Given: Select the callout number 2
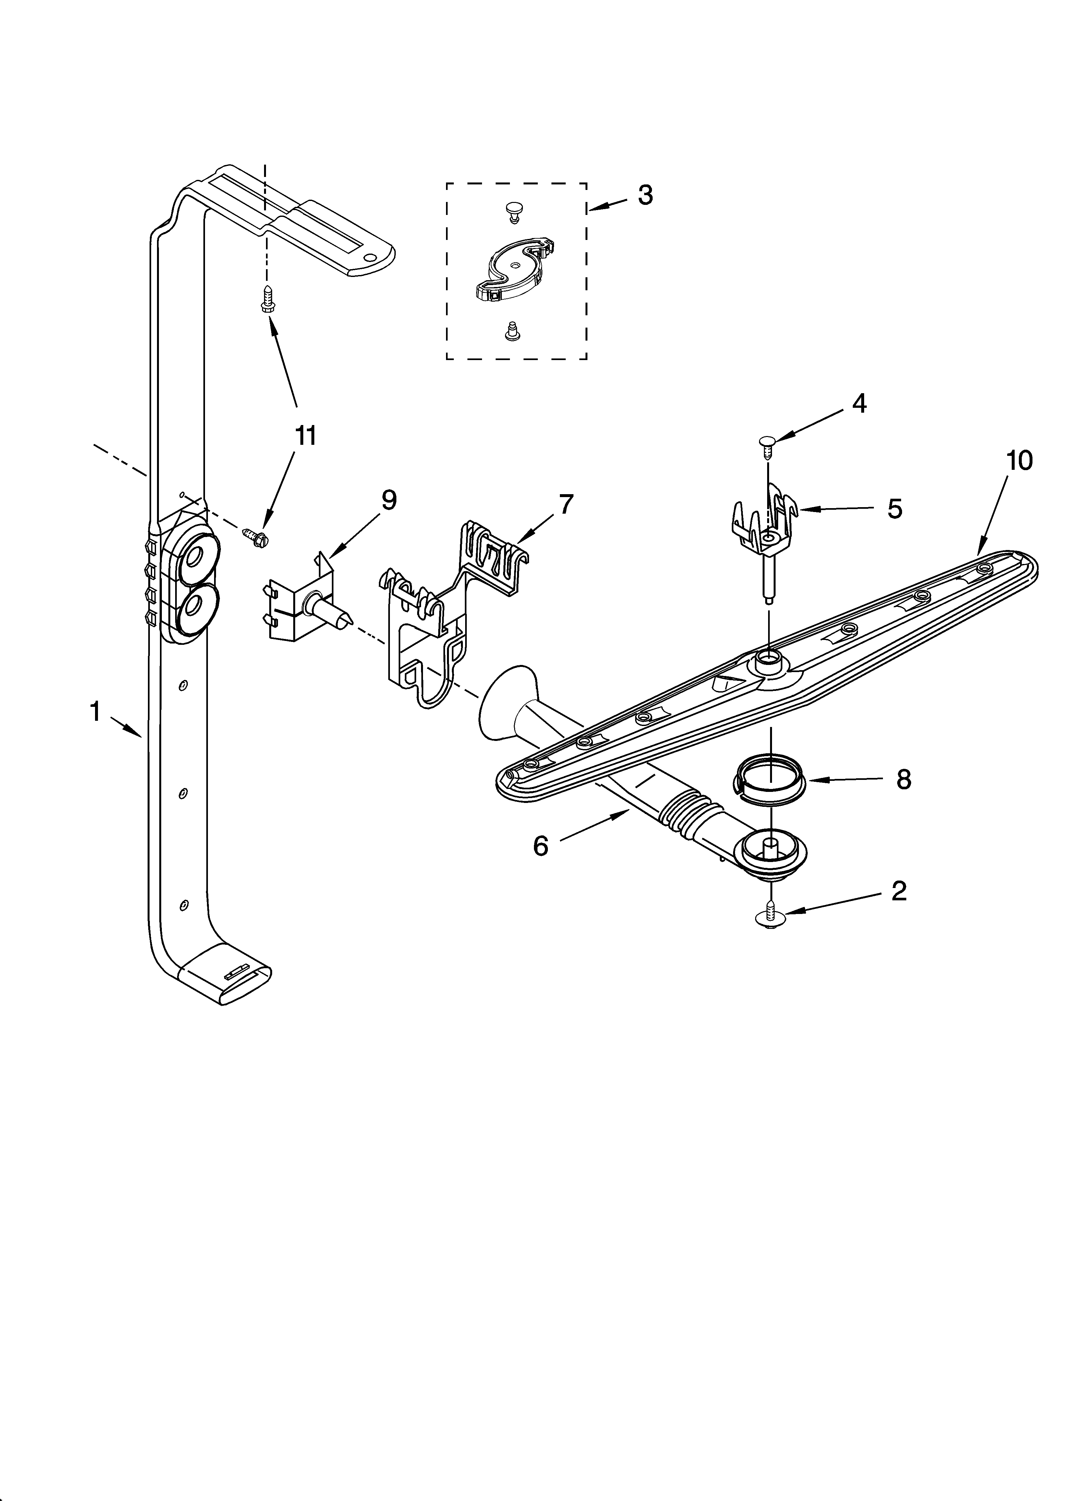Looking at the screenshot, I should pos(898,892).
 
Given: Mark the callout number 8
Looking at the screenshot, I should pos(903,780).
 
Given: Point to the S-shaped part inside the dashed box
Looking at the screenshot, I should pos(514,272).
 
